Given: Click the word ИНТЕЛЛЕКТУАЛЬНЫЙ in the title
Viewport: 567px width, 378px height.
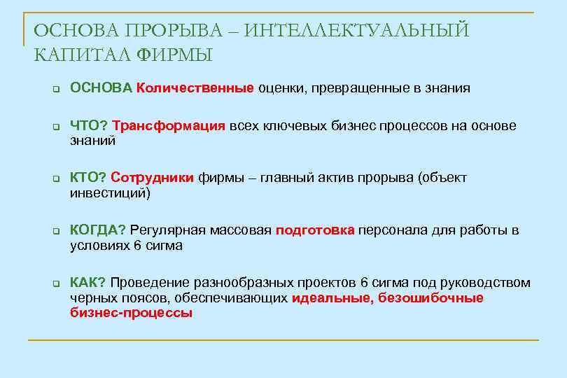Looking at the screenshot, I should click(358, 31).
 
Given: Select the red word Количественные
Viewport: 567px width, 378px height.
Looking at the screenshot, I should click(195, 88).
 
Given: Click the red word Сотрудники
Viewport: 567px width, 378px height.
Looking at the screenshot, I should click(152, 178).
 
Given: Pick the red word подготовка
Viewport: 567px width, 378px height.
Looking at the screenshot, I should click(315, 231).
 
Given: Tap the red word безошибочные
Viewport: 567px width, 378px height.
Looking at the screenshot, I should click(430, 298).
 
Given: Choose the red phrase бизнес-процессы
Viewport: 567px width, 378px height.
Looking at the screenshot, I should click(131, 313).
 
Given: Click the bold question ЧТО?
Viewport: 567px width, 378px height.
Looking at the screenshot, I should click(89, 126).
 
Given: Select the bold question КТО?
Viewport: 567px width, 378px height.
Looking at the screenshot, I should click(88, 178).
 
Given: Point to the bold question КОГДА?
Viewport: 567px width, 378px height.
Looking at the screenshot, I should click(98, 231).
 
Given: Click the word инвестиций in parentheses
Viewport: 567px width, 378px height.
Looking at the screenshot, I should click(108, 193).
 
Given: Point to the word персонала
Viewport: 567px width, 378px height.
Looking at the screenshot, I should click(390, 231).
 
